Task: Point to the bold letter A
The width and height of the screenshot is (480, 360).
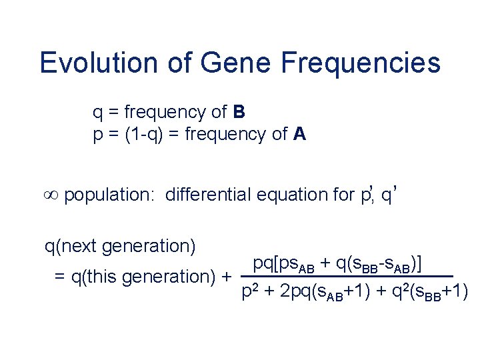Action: click(x=299, y=134)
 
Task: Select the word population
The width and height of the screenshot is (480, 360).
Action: click(x=110, y=195)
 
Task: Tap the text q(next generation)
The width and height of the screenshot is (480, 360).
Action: click(x=120, y=246)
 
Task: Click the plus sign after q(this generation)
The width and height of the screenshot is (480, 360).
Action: click(x=226, y=276)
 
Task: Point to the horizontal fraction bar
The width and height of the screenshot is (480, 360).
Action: click(x=346, y=276)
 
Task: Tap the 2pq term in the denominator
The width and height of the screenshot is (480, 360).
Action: click(x=293, y=292)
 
